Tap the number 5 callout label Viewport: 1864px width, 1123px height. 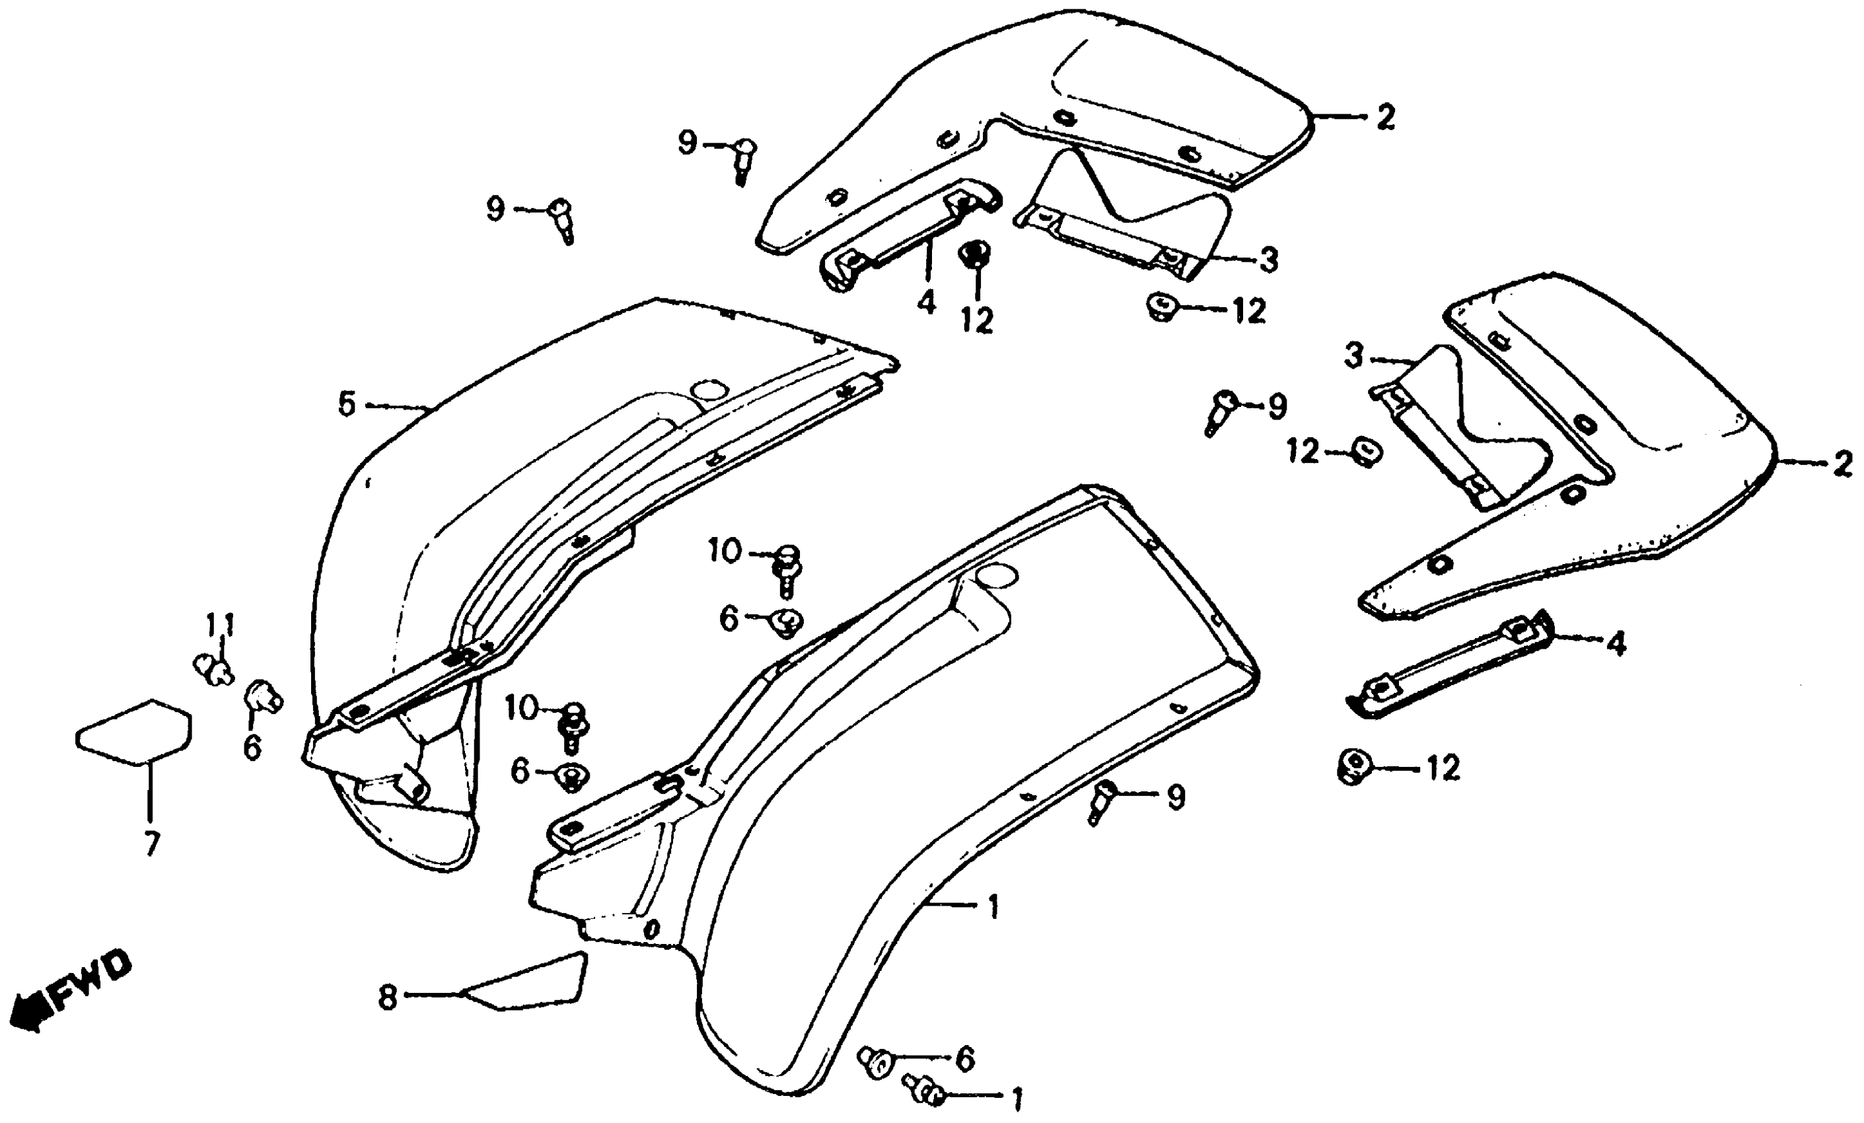[x=347, y=405]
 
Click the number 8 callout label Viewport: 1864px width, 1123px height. [x=387, y=998]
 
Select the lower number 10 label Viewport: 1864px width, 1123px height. [x=520, y=709]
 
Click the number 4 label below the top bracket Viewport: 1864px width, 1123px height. [x=926, y=302]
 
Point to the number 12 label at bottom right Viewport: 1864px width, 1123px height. [x=1442, y=769]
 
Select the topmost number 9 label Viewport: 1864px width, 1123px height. [x=686, y=142]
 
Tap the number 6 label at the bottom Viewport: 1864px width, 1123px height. [x=964, y=1060]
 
